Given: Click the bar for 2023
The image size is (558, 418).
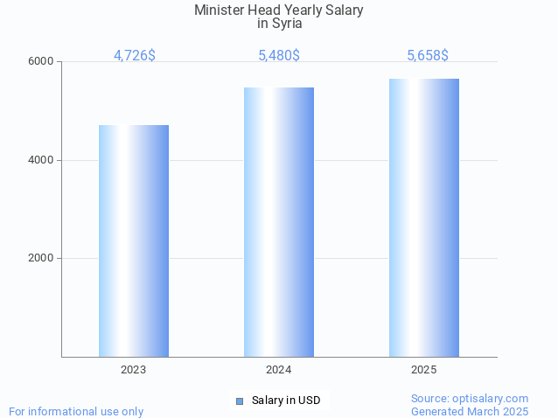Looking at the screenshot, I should pyautogui.click(x=134, y=240).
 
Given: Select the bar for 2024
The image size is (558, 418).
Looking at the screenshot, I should pyautogui.click(x=279, y=222).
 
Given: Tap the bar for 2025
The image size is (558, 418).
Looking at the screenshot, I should pyautogui.click(x=424, y=218).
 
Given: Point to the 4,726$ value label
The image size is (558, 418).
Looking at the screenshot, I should pyautogui.click(x=135, y=55).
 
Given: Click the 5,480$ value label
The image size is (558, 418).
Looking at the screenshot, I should pyautogui.click(x=279, y=55).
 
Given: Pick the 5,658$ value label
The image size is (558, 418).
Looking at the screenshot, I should pyautogui.click(x=428, y=55).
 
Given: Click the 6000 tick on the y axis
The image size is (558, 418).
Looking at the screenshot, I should pyautogui.click(x=42, y=62).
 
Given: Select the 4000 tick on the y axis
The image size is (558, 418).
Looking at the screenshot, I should pyautogui.click(x=42, y=160).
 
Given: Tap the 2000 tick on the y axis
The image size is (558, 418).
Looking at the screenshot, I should pyautogui.click(x=42, y=259).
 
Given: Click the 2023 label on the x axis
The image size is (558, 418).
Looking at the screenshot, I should pyautogui.click(x=134, y=370).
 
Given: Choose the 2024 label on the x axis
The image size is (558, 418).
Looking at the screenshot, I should pyautogui.click(x=279, y=370).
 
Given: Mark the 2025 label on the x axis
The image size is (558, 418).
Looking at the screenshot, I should pyautogui.click(x=424, y=370).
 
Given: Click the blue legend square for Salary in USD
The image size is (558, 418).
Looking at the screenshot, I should pyautogui.click(x=240, y=401).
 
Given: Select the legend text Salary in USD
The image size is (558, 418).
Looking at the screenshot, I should pyautogui.click(x=286, y=401).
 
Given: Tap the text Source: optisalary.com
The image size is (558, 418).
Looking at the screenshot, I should pyautogui.click(x=470, y=398).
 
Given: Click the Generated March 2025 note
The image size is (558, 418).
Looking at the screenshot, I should pyautogui.click(x=470, y=411).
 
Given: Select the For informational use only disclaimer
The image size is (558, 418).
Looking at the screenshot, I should pyautogui.click(x=76, y=411).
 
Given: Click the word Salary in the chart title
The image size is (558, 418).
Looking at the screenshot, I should pyautogui.click(x=342, y=10).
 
